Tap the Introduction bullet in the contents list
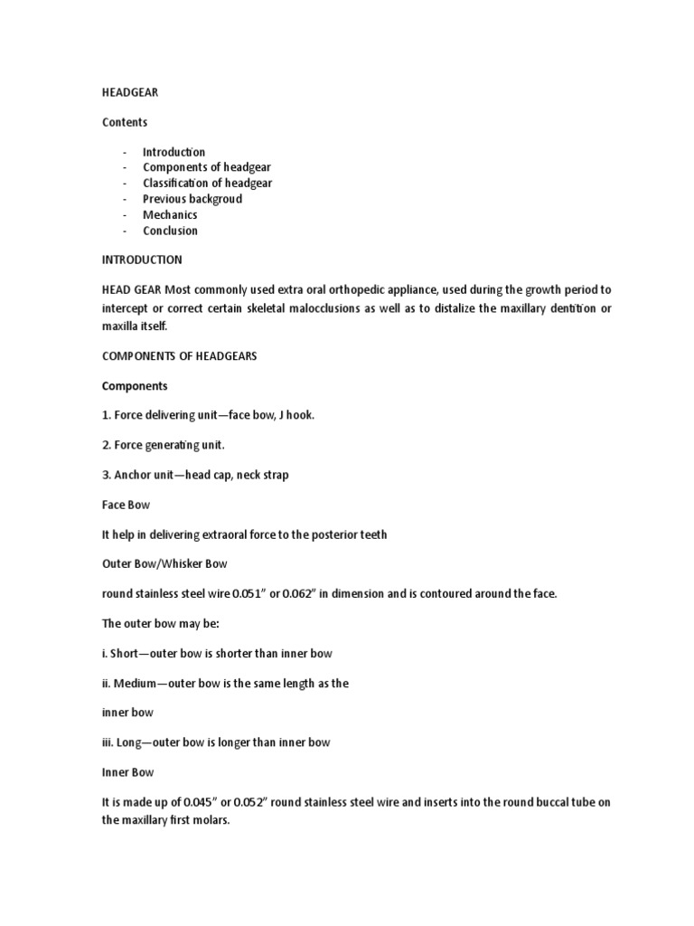[x=173, y=152]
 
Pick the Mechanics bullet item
[x=170, y=215]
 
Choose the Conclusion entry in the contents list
[x=170, y=231]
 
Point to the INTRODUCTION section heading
[x=141, y=260]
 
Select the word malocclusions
[x=340, y=308]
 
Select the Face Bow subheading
[x=125, y=505]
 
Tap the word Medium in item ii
[x=137, y=684]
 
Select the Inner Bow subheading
[x=127, y=772]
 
